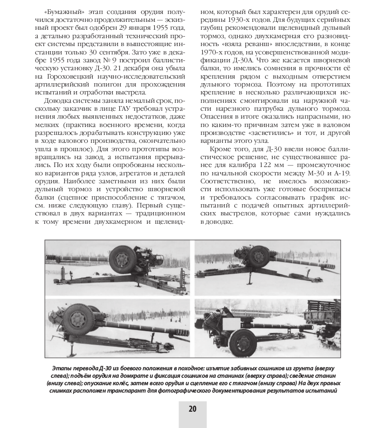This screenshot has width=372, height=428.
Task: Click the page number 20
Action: point(193,408)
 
